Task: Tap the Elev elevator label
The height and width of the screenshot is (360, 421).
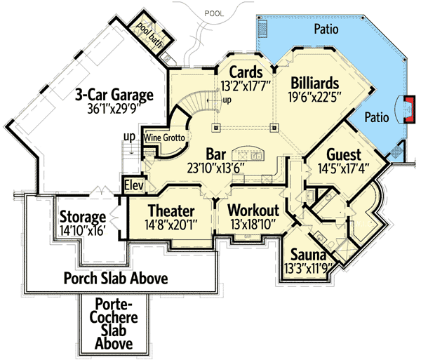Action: point(134,186)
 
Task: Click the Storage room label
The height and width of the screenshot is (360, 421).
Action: point(82,217)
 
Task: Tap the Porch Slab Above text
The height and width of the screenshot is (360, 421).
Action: point(116,279)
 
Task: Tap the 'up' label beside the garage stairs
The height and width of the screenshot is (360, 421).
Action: point(129,135)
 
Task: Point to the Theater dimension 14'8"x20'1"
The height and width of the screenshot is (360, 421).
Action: point(171,225)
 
